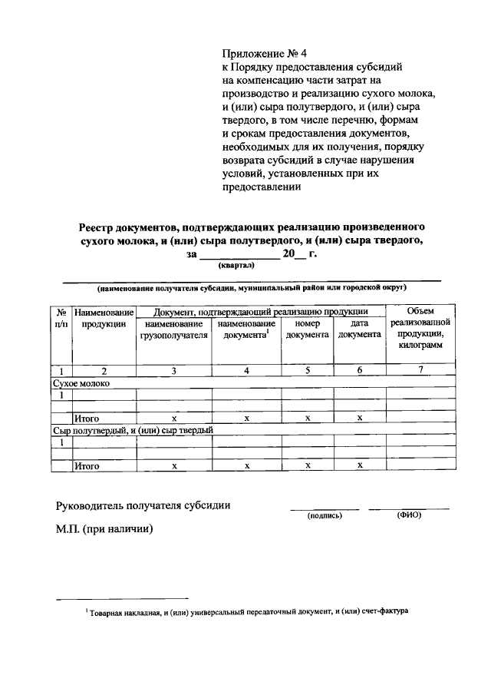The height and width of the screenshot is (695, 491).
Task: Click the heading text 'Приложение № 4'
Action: coord(263,54)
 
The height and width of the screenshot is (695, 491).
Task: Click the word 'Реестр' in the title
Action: coord(99,227)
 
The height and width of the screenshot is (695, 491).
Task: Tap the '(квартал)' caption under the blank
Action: coord(237,264)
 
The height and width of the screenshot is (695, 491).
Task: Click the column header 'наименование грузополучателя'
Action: coord(173,329)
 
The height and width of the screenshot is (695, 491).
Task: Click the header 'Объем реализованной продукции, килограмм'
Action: coord(420,329)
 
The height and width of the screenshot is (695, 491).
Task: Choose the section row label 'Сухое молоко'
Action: coord(81,382)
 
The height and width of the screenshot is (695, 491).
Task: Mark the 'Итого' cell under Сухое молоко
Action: coord(87,419)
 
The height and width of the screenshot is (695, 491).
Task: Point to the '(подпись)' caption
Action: coord(324,516)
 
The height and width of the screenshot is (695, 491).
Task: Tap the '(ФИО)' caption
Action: coord(409,515)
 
